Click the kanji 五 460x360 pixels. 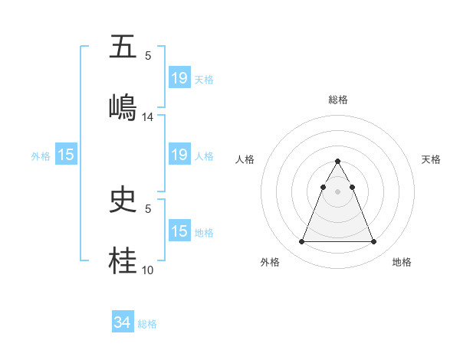point(123,47)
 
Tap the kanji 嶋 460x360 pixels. point(123,106)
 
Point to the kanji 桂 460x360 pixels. point(123,259)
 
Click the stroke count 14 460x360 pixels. point(148,117)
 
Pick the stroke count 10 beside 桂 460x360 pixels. point(148,270)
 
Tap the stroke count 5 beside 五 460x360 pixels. point(148,56)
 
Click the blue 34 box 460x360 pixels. point(123,323)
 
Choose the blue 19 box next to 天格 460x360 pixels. point(179,77)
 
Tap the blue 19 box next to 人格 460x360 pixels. point(179,155)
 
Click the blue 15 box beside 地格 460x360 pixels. point(179,231)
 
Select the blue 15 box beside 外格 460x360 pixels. point(66,155)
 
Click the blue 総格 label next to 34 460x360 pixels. point(147,324)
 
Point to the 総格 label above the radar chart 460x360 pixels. point(337,100)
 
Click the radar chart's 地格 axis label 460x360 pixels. point(402,263)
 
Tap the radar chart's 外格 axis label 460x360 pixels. point(270,263)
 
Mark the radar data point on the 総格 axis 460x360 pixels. point(337,161)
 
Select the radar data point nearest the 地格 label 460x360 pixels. point(373,242)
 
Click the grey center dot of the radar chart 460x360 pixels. point(337,191)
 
